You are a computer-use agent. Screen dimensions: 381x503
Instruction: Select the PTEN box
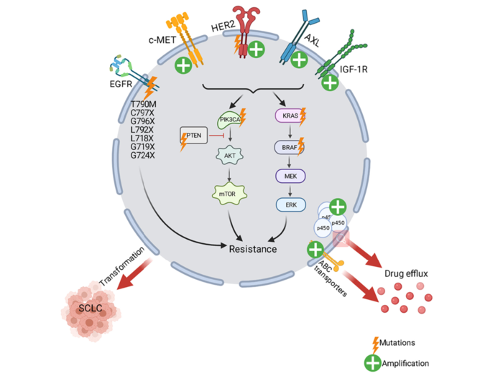[x=192, y=135]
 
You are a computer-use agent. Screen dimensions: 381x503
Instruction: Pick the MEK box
[x=291, y=176]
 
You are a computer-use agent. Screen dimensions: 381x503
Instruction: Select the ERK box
[x=291, y=205]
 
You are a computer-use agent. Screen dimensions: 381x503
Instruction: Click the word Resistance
[x=253, y=249]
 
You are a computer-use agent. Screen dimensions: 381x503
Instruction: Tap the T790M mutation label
[x=142, y=105]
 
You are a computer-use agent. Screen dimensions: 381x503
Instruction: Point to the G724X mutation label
[x=142, y=154]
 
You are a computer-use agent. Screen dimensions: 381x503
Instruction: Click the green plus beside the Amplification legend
[x=372, y=364]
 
